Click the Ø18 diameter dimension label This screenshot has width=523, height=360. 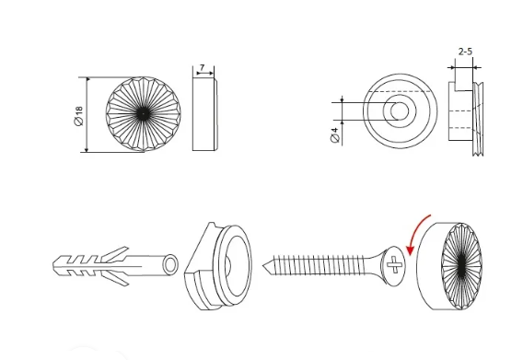coord(78,116)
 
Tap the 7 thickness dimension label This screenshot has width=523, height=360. coord(202,67)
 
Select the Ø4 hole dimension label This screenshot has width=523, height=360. coord(335,134)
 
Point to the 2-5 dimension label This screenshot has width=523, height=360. coord(465,52)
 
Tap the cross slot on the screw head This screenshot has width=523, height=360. coord(394,264)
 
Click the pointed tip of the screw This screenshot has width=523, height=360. coord(263,266)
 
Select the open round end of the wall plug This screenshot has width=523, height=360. coord(170,264)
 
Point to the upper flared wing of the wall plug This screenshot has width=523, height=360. coord(116,253)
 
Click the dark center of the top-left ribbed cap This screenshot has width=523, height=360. coord(143,114)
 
